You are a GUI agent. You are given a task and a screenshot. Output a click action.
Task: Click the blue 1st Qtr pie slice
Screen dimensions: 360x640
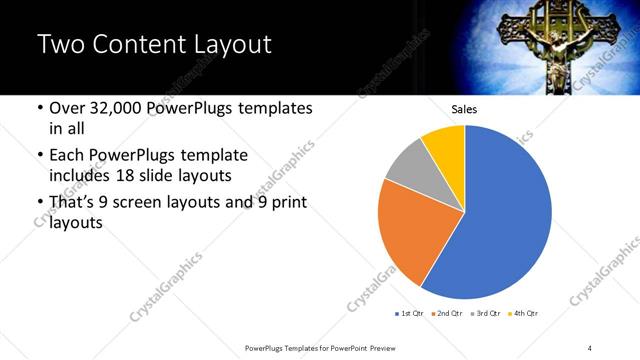click(x=505, y=215)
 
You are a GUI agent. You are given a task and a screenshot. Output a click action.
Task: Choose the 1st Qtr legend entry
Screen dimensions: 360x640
click(x=410, y=314)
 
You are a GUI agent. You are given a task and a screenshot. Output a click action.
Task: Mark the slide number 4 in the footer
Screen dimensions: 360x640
click(x=589, y=347)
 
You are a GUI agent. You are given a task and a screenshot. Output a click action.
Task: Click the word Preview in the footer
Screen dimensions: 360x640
click(x=387, y=347)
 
